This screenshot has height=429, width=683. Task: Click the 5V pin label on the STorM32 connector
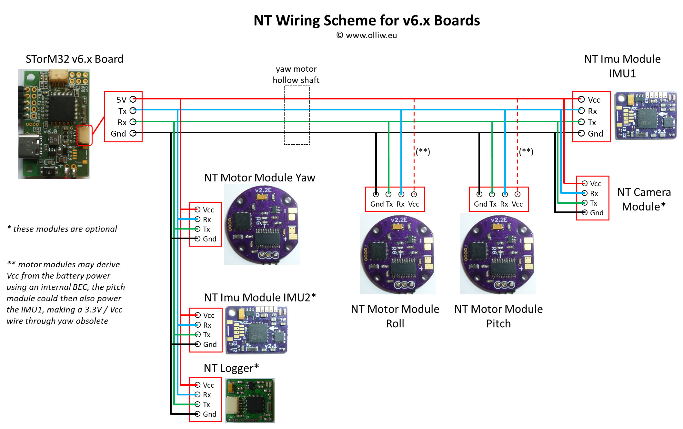coord(121,100)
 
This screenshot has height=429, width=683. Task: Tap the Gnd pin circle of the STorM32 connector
coord(133,133)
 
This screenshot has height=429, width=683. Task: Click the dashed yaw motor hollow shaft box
coord(297,115)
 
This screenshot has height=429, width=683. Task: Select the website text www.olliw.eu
coord(371,35)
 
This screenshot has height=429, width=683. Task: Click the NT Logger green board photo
coord(250,400)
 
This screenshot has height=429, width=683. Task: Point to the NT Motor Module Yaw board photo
coord(262,224)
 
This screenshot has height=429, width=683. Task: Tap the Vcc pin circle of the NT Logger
coord(197,384)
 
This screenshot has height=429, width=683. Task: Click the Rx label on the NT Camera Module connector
coord(594,193)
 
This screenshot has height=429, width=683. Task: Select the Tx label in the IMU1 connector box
coord(592,122)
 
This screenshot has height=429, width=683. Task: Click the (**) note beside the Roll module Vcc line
coord(423,151)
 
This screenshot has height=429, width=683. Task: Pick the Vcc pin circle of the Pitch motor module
coord(517,194)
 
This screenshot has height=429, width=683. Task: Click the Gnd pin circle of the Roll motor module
coord(376,194)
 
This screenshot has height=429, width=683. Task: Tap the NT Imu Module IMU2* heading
coord(260,297)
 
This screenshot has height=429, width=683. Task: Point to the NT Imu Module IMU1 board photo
coord(645,116)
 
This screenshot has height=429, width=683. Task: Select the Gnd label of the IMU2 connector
coord(210,344)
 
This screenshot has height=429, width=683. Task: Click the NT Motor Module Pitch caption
coord(498,316)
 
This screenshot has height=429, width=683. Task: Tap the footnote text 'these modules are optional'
coord(65,229)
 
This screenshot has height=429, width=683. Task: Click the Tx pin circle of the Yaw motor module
coord(197,229)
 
